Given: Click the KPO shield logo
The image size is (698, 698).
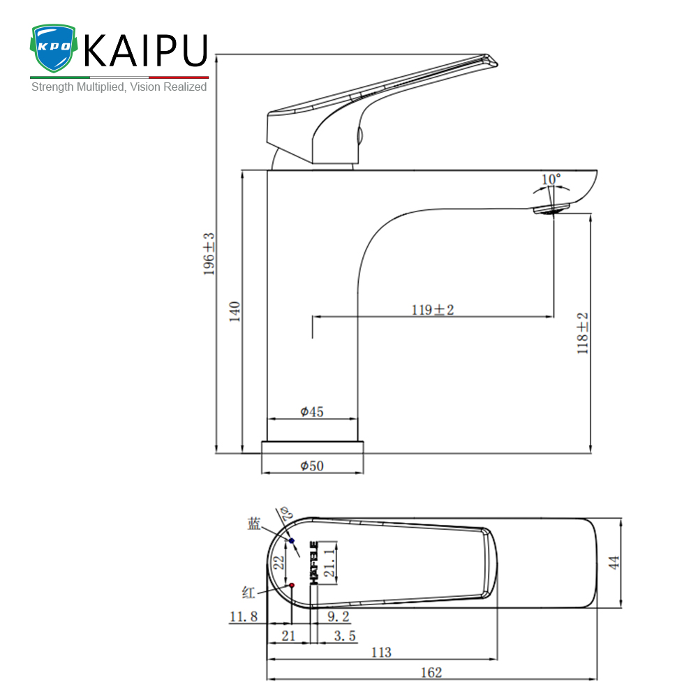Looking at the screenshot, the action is click(54, 48).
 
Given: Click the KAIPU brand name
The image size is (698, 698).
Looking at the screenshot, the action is click(146, 51).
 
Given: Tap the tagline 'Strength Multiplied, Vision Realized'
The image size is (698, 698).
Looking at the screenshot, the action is click(119, 87).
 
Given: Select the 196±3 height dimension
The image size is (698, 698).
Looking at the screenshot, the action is click(209, 254).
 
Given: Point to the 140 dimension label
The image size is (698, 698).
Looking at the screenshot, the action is click(235, 311).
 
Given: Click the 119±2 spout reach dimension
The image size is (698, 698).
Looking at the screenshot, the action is click(433, 310).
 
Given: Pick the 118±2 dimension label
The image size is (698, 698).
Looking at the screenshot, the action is click(582, 334).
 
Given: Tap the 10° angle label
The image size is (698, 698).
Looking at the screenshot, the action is click(551, 179).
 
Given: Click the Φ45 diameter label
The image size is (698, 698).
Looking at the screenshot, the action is click(311, 412).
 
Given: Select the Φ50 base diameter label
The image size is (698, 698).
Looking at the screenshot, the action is click(311, 466).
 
